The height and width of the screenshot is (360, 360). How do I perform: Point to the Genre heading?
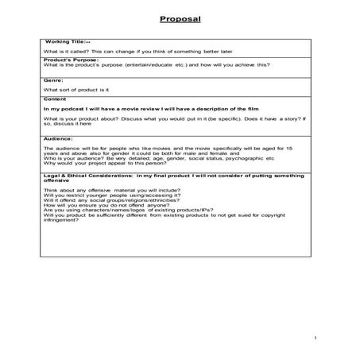pos(52,80)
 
